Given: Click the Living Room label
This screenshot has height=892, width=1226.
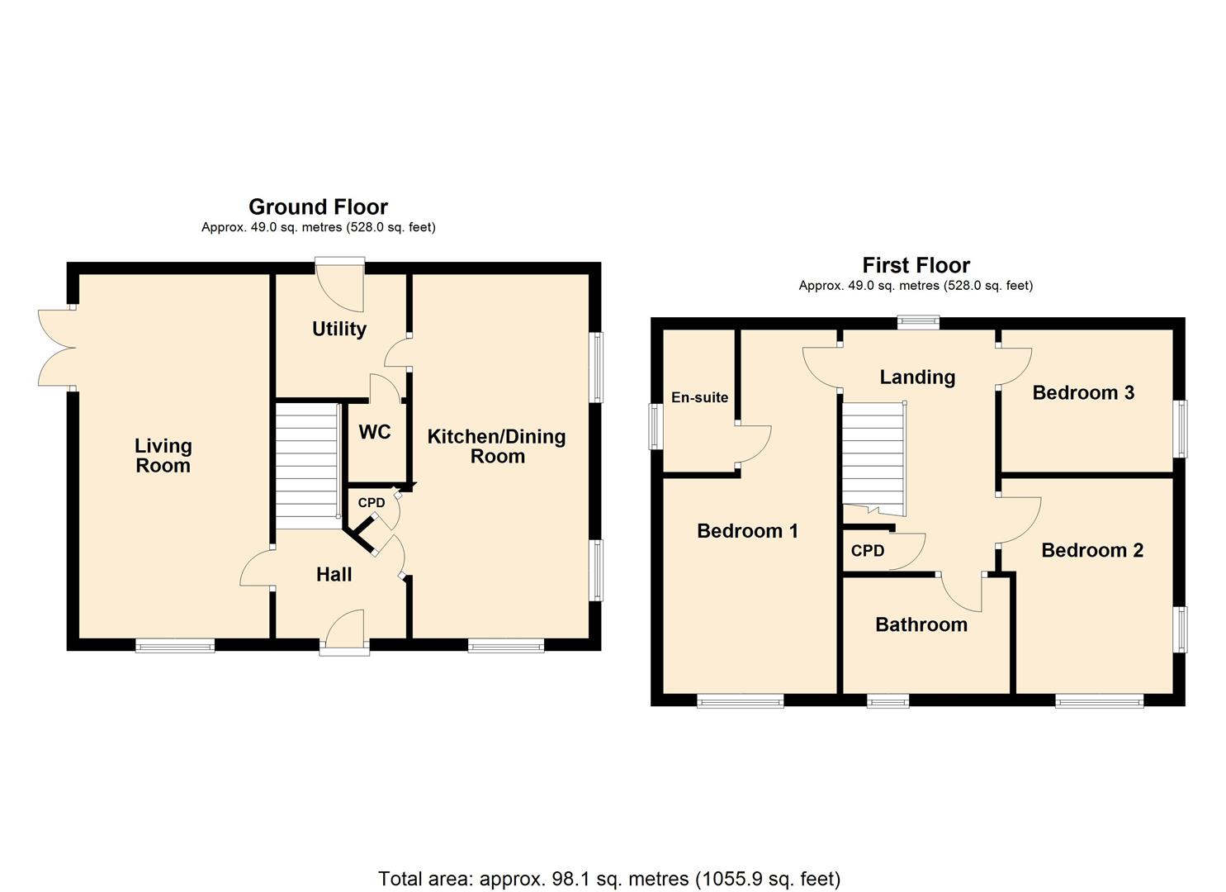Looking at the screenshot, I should point(163,456).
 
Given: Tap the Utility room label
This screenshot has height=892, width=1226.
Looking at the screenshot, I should point(338,329).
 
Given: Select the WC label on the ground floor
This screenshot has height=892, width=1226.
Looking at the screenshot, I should point(374,432).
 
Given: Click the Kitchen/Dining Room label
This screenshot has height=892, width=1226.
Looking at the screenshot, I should point(496,446).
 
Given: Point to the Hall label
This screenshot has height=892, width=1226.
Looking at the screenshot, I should point(334,574).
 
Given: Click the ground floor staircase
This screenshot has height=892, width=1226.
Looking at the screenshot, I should point(306,465).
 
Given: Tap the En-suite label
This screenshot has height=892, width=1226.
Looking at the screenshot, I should point(699,397).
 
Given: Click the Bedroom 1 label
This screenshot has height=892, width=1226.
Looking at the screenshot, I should point(747,530).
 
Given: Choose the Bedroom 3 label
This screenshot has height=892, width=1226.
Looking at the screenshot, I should point(1082,392).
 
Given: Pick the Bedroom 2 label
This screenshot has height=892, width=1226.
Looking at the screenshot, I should point(1091,550).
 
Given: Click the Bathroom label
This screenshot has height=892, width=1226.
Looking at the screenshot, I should point(921,624).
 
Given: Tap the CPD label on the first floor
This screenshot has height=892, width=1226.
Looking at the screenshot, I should point(867,551).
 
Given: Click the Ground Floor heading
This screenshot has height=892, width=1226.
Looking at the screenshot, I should point(318,206).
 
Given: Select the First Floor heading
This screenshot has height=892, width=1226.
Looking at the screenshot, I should point(916,265).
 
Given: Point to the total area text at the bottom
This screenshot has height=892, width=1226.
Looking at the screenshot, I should point(608,879).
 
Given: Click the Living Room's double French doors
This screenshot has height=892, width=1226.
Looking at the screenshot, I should point(56,348).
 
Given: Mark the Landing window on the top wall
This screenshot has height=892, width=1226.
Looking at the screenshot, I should point(918,323).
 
